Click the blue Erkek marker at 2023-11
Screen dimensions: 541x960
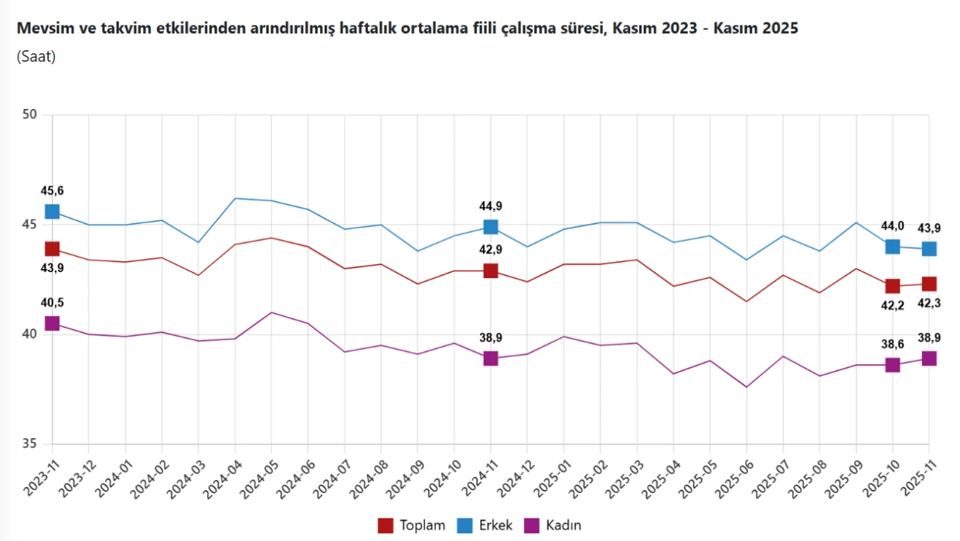52,212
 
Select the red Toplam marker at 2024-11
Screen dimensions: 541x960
491,270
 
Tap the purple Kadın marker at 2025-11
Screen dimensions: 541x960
929,359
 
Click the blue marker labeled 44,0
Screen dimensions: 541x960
893,247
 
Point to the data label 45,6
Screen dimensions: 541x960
52,191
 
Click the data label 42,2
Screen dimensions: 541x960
893,305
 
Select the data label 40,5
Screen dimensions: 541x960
52,303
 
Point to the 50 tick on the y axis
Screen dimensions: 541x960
30,115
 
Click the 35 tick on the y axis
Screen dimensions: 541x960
30,444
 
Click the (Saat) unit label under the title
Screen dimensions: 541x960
36,56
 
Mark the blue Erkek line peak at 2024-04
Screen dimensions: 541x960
235,199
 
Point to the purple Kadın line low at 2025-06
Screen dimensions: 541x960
747,387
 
